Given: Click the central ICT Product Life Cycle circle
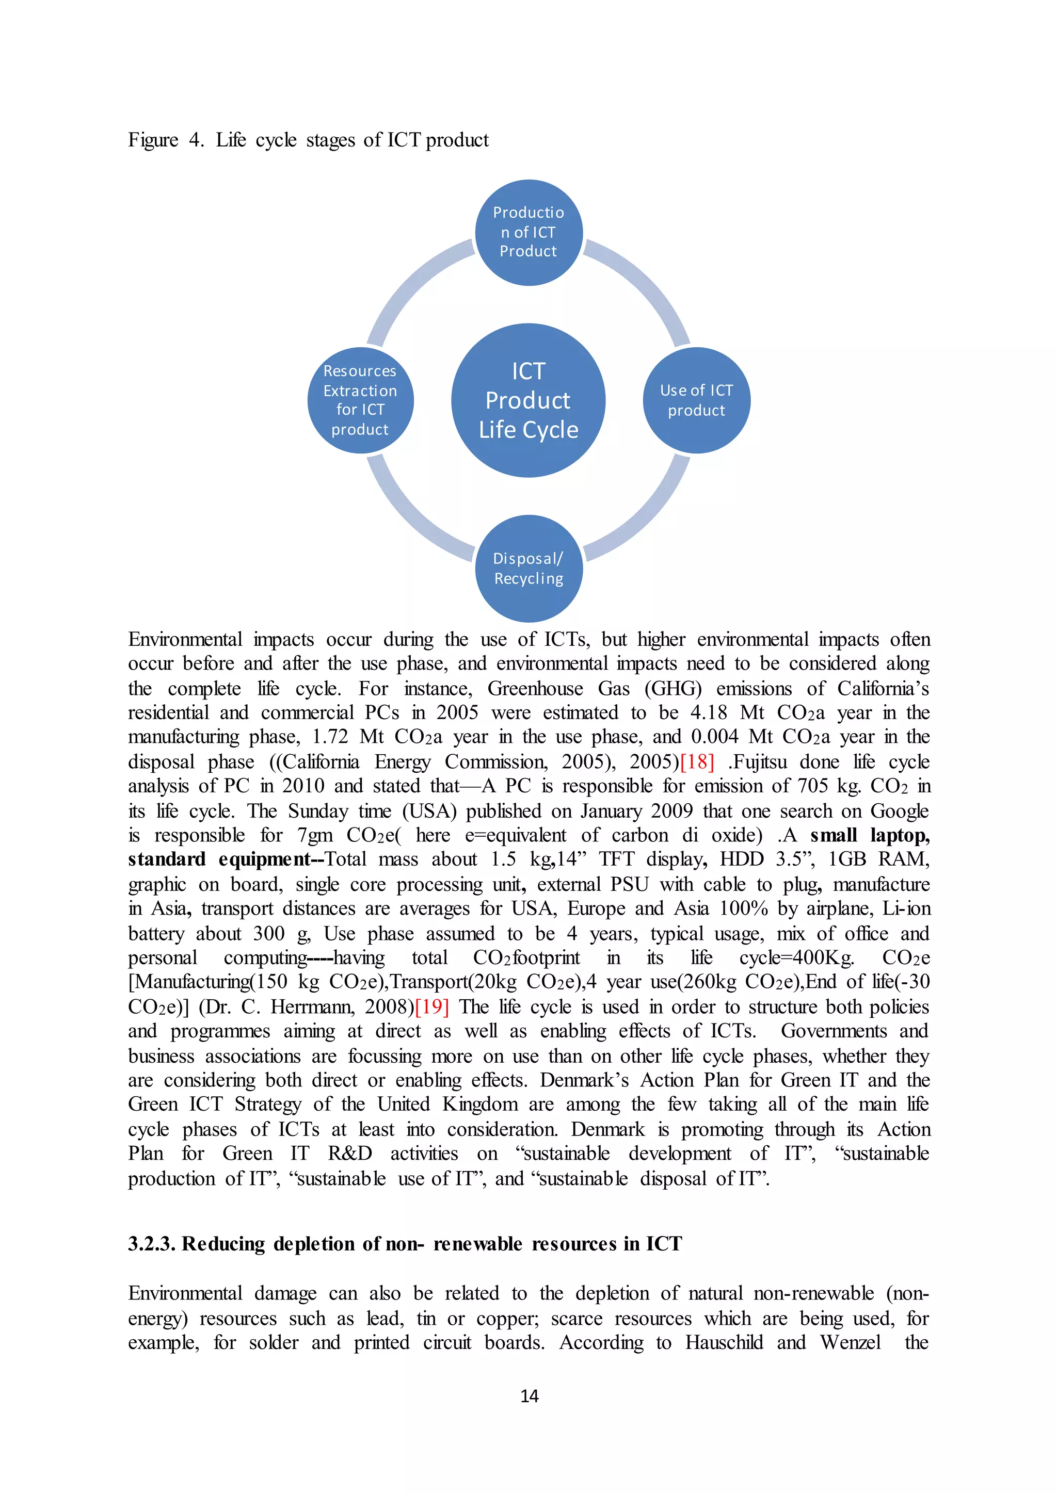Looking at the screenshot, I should coord(528,400).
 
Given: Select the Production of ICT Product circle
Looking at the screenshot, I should coord(528,232).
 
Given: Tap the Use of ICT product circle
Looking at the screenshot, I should coord(696,400).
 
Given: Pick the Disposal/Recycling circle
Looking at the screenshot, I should coord(528,568).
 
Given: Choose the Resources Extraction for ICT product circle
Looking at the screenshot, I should coord(360,400).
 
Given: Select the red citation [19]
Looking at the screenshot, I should coord(431,1006).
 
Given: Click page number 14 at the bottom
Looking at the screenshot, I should coord(529,1396).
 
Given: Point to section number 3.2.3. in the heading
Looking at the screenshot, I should coord(152,1243).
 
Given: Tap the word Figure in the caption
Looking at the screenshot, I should coord(153,140).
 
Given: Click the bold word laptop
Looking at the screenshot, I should coord(900,836).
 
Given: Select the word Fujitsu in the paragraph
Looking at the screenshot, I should coord(760,761).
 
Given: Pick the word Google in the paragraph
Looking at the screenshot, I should coord(900,811).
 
